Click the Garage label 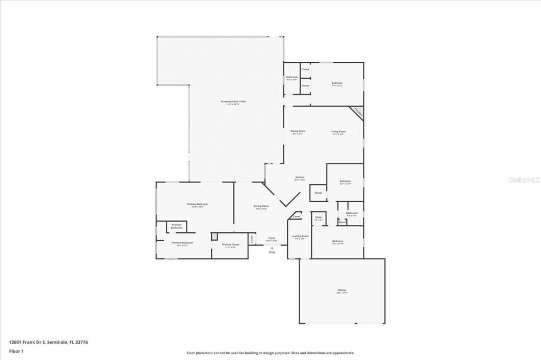coord(342,290)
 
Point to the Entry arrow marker coord(272,248)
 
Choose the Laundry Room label coord(300,237)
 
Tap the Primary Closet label coord(230,245)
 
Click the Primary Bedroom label coord(197,205)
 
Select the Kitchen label coord(300,178)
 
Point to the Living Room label coord(338,132)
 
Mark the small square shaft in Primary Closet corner coord(214,237)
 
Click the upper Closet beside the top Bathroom coord(305,70)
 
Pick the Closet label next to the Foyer coord(252,239)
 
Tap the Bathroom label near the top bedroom coord(292,78)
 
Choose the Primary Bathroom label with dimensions coord(182,243)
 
